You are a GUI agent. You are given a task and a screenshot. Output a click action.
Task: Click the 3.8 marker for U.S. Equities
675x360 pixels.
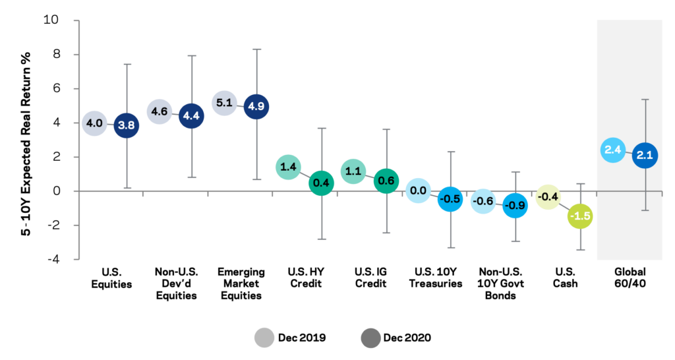[x=127, y=125]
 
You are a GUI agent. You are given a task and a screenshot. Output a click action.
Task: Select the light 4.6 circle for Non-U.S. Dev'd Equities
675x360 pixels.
[x=159, y=112]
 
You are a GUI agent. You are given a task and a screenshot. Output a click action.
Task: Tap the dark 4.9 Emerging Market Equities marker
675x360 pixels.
[x=256, y=106]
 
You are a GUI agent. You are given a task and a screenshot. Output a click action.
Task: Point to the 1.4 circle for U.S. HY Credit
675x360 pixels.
[x=288, y=167]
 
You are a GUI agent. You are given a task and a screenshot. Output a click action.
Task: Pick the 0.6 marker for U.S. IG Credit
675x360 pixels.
[x=386, y=181]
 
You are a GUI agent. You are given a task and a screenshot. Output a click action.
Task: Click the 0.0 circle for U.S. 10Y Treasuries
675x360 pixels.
[x=418, y=191]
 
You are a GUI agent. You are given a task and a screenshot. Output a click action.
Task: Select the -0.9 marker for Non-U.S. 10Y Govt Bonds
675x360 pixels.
[x=515, y=206]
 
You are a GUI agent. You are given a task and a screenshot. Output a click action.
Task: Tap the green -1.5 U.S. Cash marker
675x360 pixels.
[x=580, y=216]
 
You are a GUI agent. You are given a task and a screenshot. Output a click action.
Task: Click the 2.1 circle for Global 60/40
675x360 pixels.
[x=645, y=156]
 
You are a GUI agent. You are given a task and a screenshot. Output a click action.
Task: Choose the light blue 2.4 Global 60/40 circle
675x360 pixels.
[x=612, y=150]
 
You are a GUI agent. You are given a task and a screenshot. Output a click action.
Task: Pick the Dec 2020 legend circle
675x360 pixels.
[x=372, y=338]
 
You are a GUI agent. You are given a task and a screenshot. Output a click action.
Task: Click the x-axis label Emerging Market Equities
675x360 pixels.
[x=241, y=284]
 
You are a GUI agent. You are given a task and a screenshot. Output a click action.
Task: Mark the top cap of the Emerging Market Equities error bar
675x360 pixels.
[x=256, y=49]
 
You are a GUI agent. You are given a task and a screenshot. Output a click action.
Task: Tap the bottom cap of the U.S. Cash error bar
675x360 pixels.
[x=580, y=250]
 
